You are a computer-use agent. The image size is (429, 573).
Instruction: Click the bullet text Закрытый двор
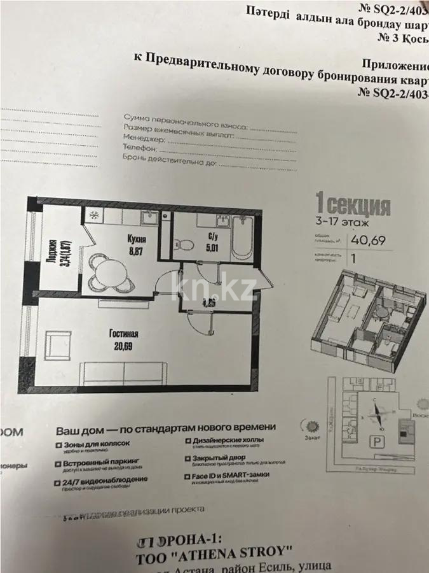tap(220, 456)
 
